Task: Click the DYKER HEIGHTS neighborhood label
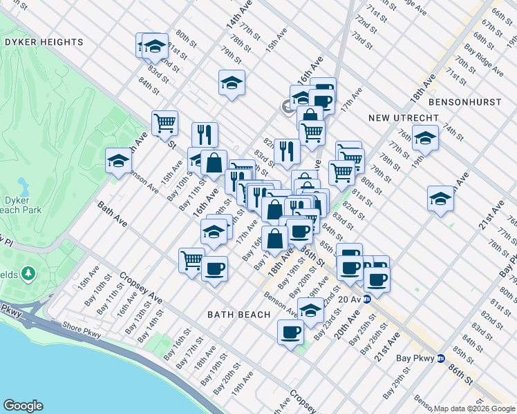click(x=44, y=42)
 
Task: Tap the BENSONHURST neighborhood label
click(x=464, y=101)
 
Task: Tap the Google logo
click(x=23, y=406)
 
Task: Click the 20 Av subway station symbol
click(x=367, y=299)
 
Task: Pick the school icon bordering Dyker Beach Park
click(x=119, y=161)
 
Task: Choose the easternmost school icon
click(x=440, y=199)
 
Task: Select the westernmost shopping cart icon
click(x=164, y=123)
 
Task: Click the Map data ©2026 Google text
click(x=474, y=408)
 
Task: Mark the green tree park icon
click(x=28, y=275)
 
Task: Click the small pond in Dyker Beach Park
click(x=24, y=186)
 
